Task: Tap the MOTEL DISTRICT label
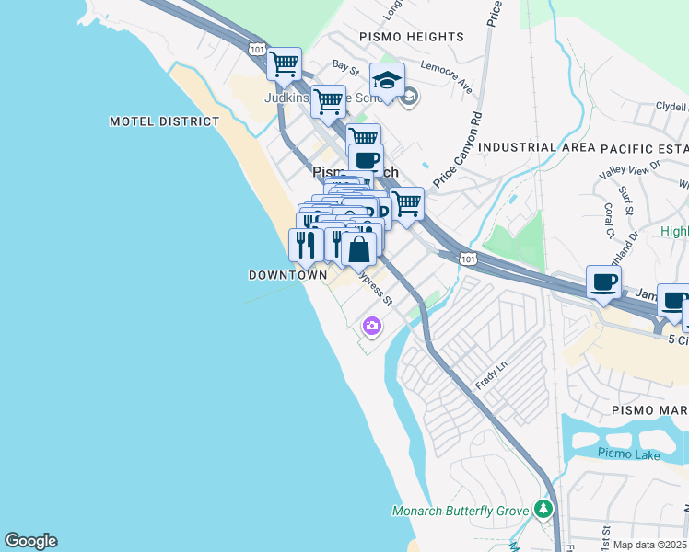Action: coord(165,121)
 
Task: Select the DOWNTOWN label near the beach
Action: coord(287,275)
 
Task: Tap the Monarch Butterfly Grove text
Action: coord(461,511)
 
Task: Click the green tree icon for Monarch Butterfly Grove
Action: coord(544,509)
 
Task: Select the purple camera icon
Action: coord(371,325)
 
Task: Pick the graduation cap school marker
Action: coord(387,79)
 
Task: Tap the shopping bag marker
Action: coord(359,247)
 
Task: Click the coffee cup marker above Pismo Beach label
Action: coord(366,159)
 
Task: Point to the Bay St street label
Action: coord(345,67)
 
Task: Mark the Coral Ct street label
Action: coord(609,219)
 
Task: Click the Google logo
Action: coord(30,541)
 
